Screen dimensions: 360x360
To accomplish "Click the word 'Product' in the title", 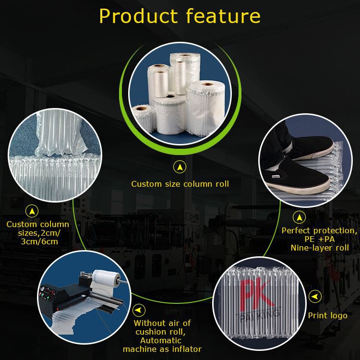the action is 138,16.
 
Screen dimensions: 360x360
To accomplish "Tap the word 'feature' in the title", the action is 223,16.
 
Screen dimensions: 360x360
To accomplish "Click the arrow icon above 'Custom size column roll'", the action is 180,167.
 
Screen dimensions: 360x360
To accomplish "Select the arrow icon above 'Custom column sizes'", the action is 32,211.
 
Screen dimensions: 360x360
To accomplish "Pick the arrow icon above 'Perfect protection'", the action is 299,217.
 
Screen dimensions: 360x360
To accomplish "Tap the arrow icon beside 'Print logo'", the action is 315,297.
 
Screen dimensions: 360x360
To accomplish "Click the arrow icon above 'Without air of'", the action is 139,310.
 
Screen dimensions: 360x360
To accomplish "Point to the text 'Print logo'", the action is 328,316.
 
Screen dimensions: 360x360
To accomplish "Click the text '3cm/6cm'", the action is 39,241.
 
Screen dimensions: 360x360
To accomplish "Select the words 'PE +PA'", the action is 320,239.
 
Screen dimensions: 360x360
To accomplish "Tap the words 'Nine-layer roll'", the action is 320,248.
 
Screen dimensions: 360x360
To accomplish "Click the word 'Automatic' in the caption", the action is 161,340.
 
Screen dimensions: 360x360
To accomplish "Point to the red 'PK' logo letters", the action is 257,294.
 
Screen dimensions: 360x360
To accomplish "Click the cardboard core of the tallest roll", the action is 184,55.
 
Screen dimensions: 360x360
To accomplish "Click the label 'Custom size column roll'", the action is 180,184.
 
